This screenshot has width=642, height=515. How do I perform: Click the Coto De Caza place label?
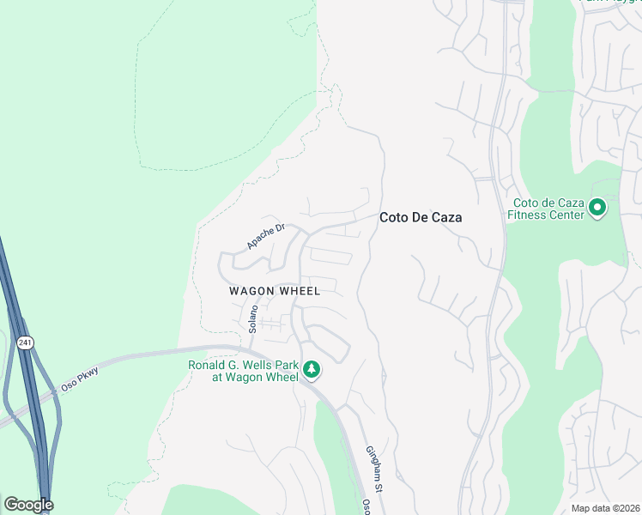tap(421, 218)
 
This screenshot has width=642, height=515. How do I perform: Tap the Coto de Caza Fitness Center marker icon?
tap(598, 208)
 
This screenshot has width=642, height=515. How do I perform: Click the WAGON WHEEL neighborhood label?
tap(275, 291)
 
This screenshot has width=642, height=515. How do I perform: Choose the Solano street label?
tap(253, 318)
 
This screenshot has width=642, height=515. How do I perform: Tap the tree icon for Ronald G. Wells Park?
tap(312, 370)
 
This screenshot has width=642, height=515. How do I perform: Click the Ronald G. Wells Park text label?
tap(243, 371)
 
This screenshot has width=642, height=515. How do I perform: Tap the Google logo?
tap(28, 505)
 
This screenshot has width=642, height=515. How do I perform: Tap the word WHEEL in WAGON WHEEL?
tap(300, 291)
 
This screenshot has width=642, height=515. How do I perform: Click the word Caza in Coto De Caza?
tap(445, 218)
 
